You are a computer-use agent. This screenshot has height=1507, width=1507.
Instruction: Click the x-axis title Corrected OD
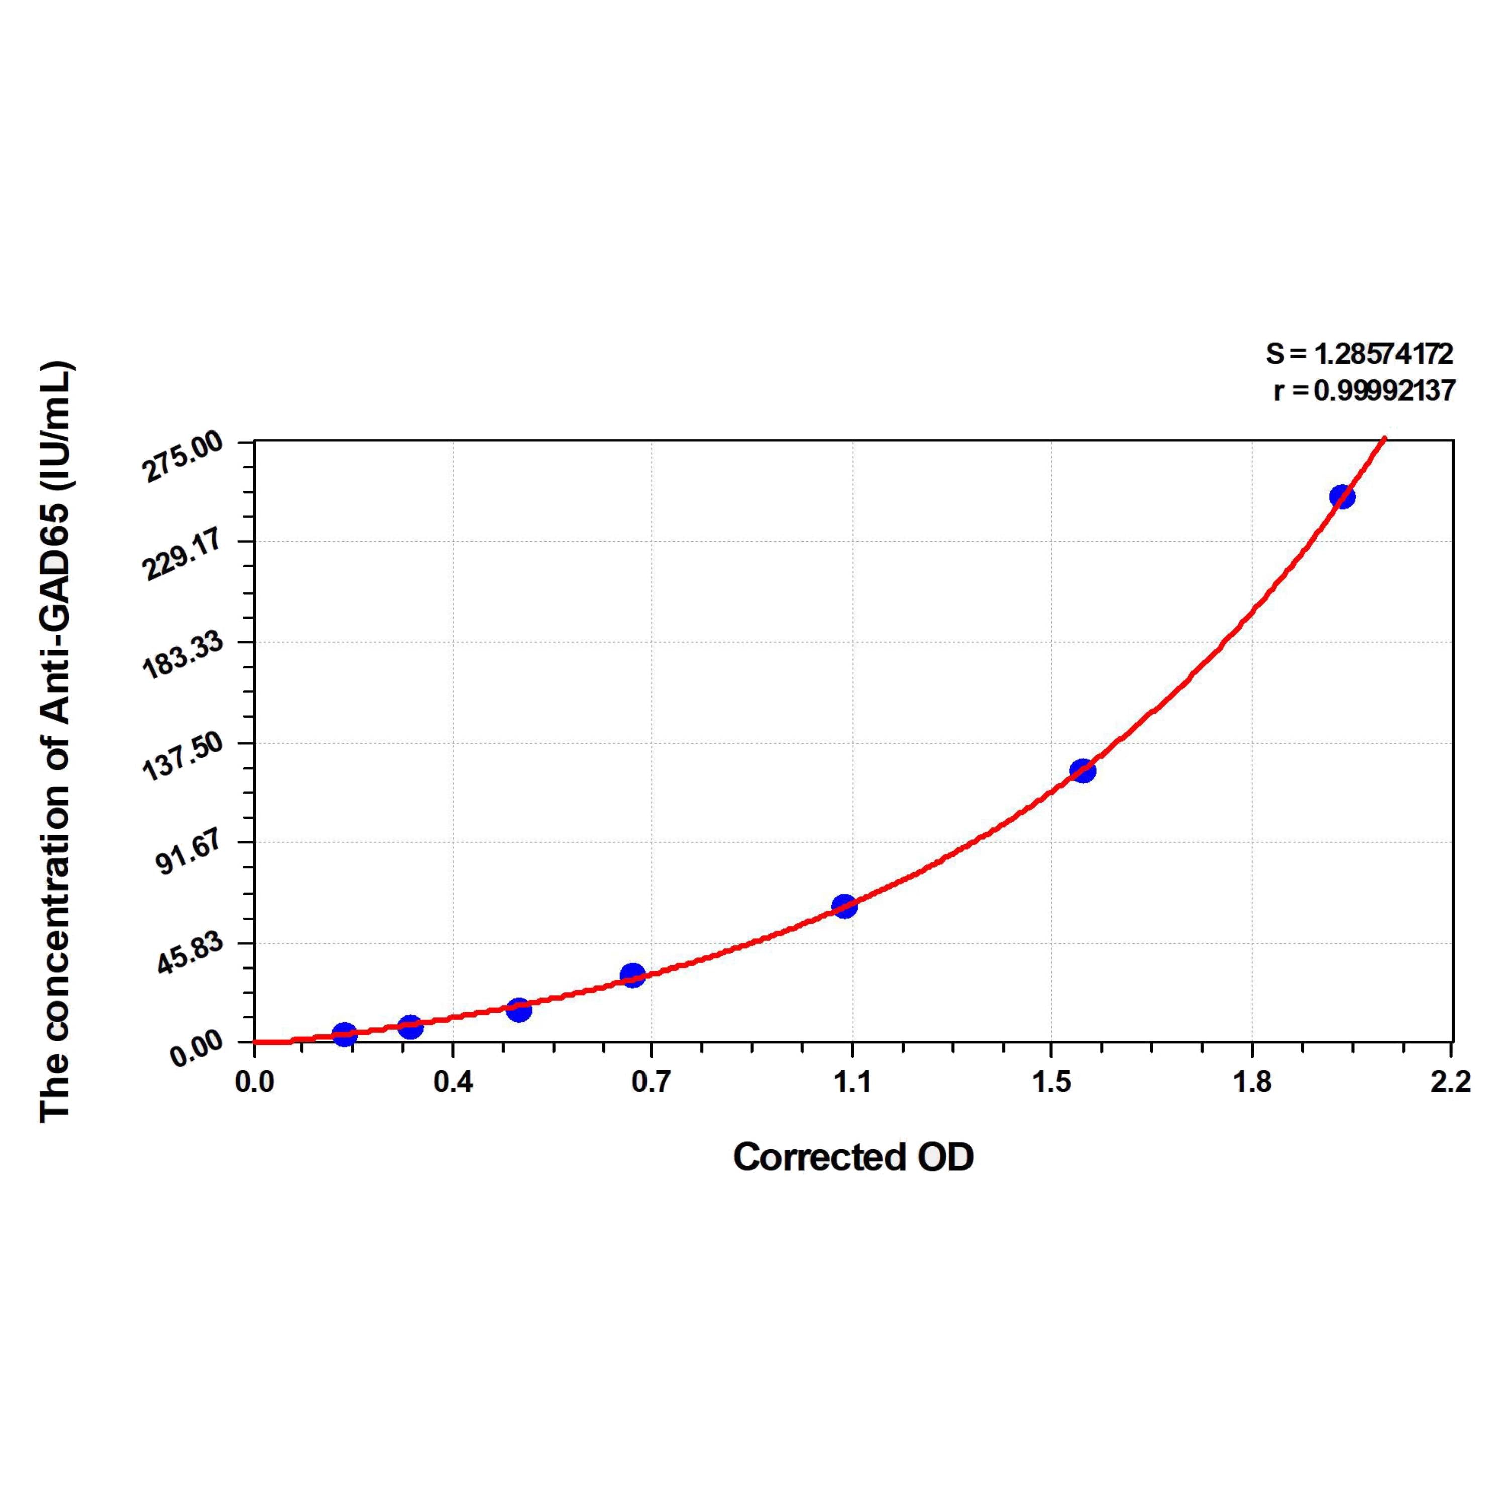[853, 1157]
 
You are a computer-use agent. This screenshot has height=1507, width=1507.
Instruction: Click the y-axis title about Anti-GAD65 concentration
[56, 741]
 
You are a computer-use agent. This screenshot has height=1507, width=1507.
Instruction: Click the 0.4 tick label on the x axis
[453, 1083]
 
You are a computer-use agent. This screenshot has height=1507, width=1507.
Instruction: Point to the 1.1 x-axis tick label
[852, 1083]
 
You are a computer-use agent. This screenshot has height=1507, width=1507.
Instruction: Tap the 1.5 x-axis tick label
[1051, 1083]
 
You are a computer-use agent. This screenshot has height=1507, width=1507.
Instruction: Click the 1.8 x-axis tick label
[1251, 1083]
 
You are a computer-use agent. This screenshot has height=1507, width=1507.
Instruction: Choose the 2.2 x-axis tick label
[1451, 1083]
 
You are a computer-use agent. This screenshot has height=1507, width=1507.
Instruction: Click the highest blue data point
[1342, 496]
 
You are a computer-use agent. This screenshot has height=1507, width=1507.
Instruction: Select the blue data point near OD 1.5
[1083, 771]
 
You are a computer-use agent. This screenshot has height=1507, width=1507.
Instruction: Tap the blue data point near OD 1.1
[844, 906]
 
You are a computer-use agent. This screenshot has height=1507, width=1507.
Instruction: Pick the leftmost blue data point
[344, 1034]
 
